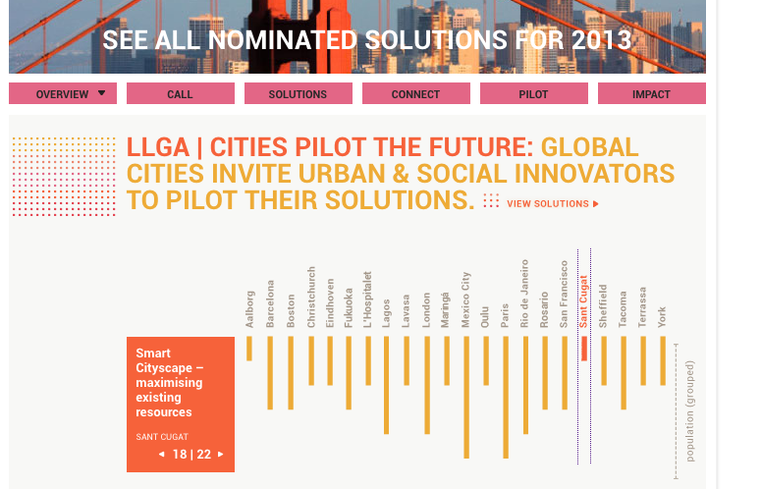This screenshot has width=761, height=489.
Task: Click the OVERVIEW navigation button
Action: click(x=63, y=94)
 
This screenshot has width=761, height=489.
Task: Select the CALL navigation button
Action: click(x=181, y=94)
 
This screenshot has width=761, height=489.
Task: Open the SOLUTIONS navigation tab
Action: click(x=298, y=94)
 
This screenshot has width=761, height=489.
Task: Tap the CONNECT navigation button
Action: click(x=415, y=94)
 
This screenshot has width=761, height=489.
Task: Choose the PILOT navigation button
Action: click(x=533, y=94)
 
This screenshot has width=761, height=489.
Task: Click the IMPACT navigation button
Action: click(x=651, y=94)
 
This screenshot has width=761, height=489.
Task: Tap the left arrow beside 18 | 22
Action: click(x=161, y=455)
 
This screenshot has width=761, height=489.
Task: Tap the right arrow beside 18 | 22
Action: click(x=221, y=455)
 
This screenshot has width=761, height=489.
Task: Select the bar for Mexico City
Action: click(x=466, y=398)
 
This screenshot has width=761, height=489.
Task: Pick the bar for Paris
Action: click(x=506, y=398)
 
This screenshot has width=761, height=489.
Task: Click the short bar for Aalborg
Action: click(x=249, y=349)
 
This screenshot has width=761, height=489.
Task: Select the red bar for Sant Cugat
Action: click(x=584, y=349)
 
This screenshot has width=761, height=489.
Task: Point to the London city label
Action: click(x=427, y=310)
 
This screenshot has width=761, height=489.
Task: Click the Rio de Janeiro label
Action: click(x=525, y=294)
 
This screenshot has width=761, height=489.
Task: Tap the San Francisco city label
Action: click(x=565, y=294)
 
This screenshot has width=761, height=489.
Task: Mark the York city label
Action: click(x=663, y=316)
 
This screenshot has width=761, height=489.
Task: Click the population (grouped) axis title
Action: click(x=690, y=412)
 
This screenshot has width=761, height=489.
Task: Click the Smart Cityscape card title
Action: click(x=169, y=383)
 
